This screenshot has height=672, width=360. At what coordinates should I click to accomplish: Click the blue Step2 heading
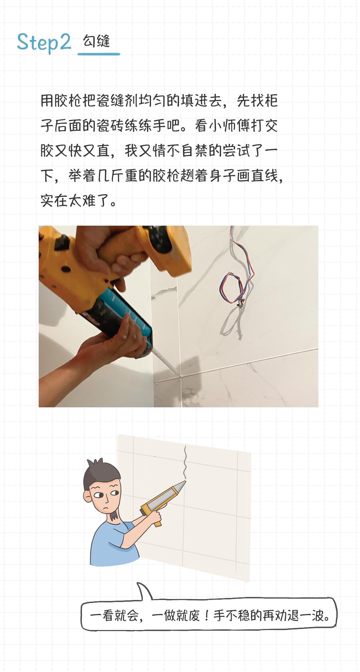coord(44,43)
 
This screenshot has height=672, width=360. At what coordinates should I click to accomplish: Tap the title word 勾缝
coord(96,41)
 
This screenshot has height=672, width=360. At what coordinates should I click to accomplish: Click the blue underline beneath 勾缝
coord(99,54)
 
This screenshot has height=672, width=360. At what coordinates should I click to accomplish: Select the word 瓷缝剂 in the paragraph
coord(110,101)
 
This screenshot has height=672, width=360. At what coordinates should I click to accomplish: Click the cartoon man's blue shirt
coord(110,543)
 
